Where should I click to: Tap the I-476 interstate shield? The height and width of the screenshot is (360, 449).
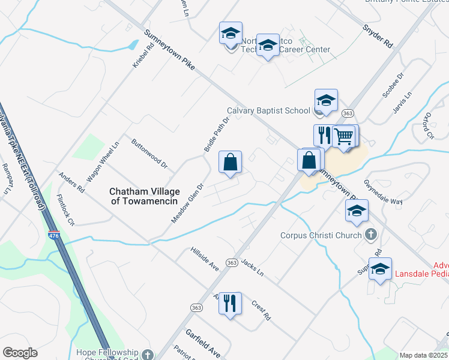[x=54, y=235]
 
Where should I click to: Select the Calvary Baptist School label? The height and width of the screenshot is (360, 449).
[x=268, y=110]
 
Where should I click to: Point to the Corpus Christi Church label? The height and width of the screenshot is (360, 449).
[x=322, y=235]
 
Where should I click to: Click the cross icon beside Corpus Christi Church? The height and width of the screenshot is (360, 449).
[x=371, y=235]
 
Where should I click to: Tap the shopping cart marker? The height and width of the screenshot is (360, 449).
[x=344, y=137]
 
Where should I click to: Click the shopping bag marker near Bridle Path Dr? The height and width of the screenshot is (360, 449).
[x=230, y=162]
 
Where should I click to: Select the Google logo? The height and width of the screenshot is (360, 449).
[x=20, y=353]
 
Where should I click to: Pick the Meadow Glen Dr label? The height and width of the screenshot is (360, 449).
[x=188, y=202]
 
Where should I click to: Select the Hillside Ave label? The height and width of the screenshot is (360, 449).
[x=205, y=259]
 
